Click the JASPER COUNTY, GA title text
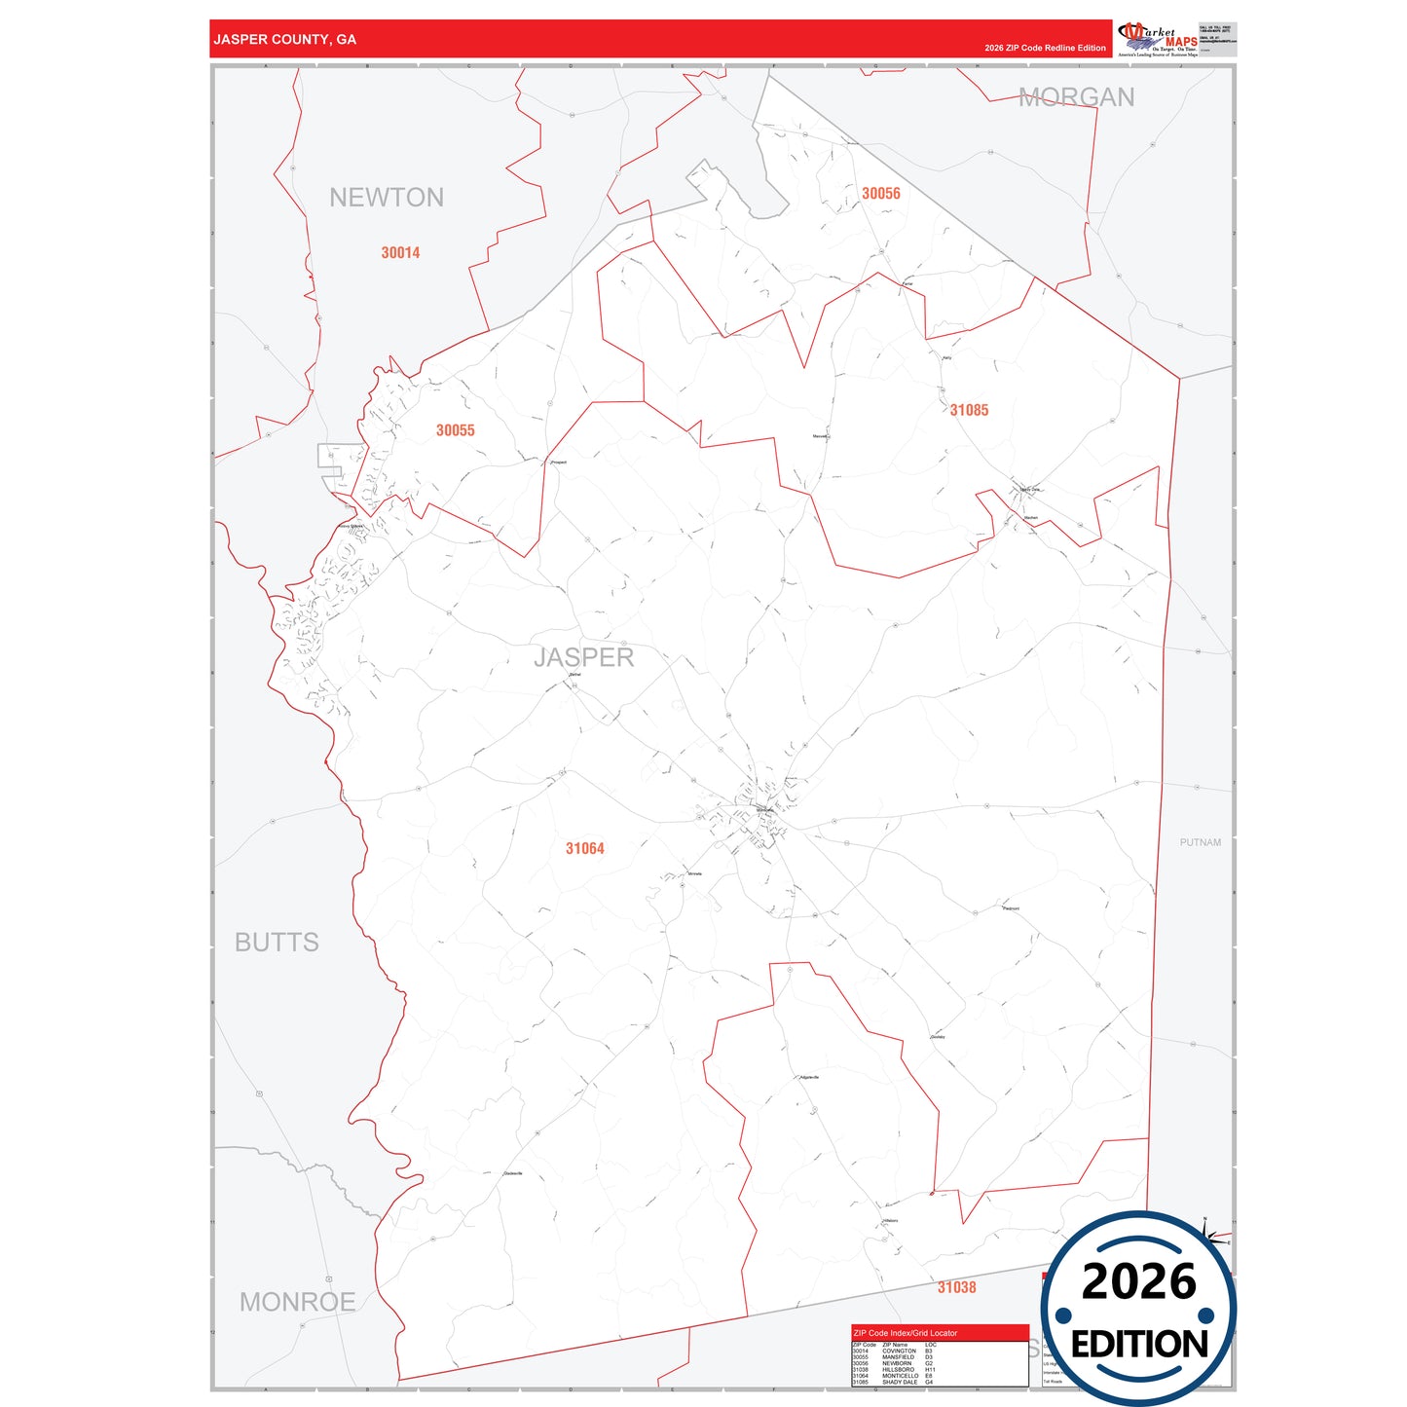284,40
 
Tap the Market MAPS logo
1159,39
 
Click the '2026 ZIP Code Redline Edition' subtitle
1045,48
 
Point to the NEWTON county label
387,198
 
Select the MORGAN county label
1076,97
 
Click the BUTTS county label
277,943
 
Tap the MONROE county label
297,1302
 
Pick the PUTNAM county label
1200,842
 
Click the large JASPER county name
583,657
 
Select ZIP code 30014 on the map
400,253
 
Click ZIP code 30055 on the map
455,430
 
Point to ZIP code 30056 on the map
880,194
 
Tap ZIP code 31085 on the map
969,410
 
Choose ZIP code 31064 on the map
584,849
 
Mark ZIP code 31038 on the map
956,1287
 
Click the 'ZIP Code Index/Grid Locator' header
905,1333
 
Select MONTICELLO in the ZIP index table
900,1376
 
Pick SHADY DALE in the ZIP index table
900,1383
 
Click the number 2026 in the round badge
1138,1281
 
